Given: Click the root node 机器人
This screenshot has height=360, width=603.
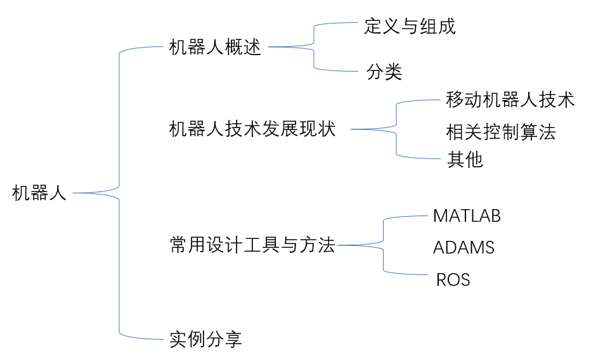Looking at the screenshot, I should pyautogui.click(x=39, y=193).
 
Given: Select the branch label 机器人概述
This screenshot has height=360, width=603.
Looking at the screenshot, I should pyautogui.click(x=216, y=48).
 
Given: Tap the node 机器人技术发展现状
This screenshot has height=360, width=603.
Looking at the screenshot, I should pyautogui.click(x=252, y=129).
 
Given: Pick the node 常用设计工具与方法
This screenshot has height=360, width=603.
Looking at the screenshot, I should pyautogui.click(x=252, y=245).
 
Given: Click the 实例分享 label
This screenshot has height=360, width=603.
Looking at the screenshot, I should pyautogui.click(x=205, y=339).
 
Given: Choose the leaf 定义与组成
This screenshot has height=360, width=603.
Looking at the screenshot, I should pyautogui.click(x=410, y=26).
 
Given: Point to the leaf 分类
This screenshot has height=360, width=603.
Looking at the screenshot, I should pyautogui.click(x=384, y=72).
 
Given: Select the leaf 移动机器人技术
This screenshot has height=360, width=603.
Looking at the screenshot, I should pyautogui.click(x=510, y=100).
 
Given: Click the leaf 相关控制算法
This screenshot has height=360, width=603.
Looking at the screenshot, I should pyautogui.click(x=500, y=132).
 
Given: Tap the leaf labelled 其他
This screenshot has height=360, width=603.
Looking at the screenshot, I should pyautogui.click(x=465, y=160).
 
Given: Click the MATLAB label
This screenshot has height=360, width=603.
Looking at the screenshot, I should pyautogui.click(x=467, y=216).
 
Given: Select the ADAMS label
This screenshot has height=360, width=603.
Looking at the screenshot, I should pyautogui.click(x=464, y=247).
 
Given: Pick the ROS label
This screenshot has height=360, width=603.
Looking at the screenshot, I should pyautogui.click(x=453, y=280).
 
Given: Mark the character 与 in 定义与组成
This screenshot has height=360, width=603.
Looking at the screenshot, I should pyautogui.click(x=410, y=26).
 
